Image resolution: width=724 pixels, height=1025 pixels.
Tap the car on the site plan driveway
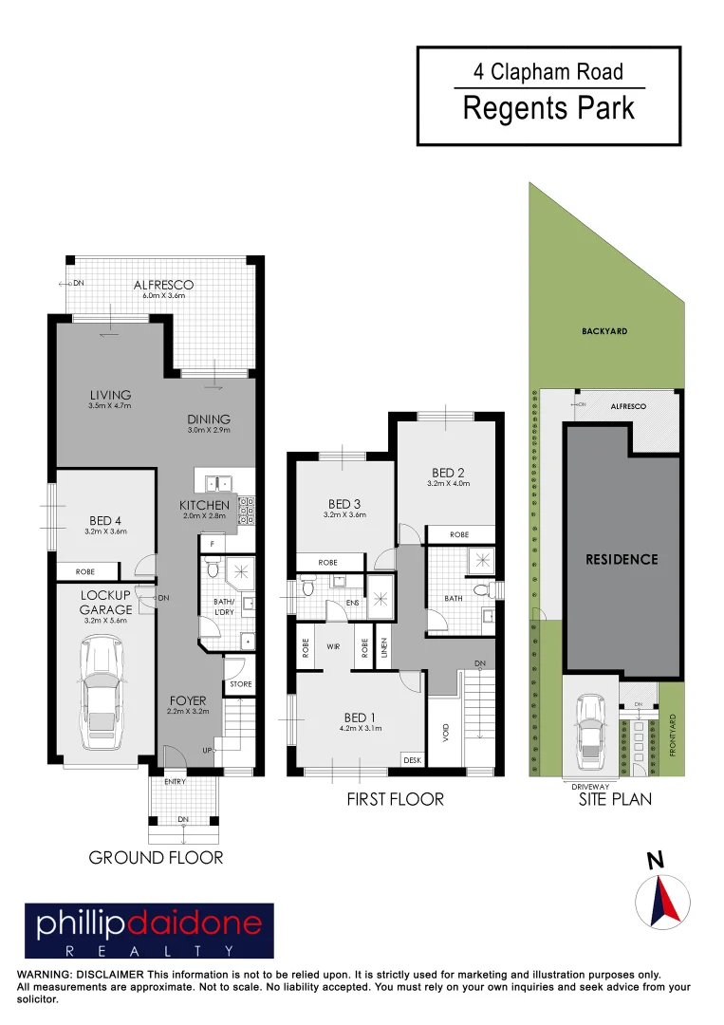[591, 731]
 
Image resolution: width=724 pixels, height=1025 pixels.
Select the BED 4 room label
[106, 520]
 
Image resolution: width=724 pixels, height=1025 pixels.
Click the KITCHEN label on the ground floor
[204, 505]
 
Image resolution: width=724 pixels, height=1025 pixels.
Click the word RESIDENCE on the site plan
[622, 559]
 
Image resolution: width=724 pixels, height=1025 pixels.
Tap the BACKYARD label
[604, 332]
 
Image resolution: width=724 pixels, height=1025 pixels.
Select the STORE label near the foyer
[241, 684]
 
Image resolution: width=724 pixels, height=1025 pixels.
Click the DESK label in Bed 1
[412, 759]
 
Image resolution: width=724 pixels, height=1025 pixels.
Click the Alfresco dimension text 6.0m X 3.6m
[163, 296]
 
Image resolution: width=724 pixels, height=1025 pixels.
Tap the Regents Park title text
[548, 108]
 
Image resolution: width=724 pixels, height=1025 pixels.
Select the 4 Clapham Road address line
[548, 72]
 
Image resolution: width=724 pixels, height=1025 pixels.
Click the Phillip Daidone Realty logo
[149, 931]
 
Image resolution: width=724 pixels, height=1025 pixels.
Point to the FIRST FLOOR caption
[396, 799]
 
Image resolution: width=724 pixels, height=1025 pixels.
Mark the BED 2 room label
[449, 473]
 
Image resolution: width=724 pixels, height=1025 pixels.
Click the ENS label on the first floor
[352, 602]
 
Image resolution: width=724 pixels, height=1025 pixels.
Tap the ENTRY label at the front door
[175, 781]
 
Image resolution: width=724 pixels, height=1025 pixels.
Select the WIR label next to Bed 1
[334, 645]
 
